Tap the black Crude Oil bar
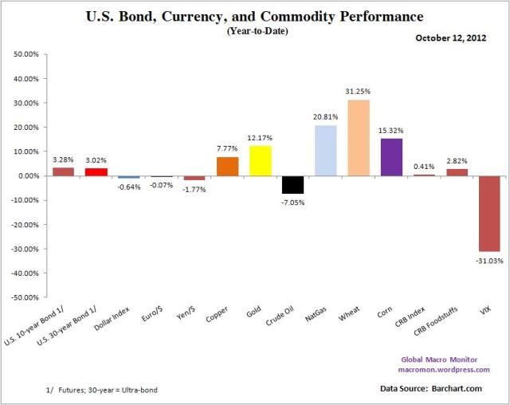coord(292,184)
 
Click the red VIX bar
coord(489,213)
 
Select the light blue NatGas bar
coord(325,150)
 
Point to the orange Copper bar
coord(227,166)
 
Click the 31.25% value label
coord(359,93)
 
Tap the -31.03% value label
coord(489,260)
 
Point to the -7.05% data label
coord(292,202)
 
